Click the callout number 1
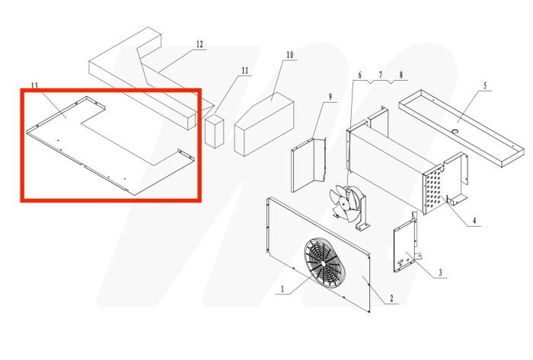[282, 289]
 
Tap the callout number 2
[391, 298]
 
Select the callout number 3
[439, 272]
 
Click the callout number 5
[484, 86]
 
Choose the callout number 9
[331, 97]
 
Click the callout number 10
[289, 55]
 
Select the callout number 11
[244, 71]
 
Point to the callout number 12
[199, 44]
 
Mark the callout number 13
[34, 84]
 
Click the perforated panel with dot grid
[434, 190]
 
